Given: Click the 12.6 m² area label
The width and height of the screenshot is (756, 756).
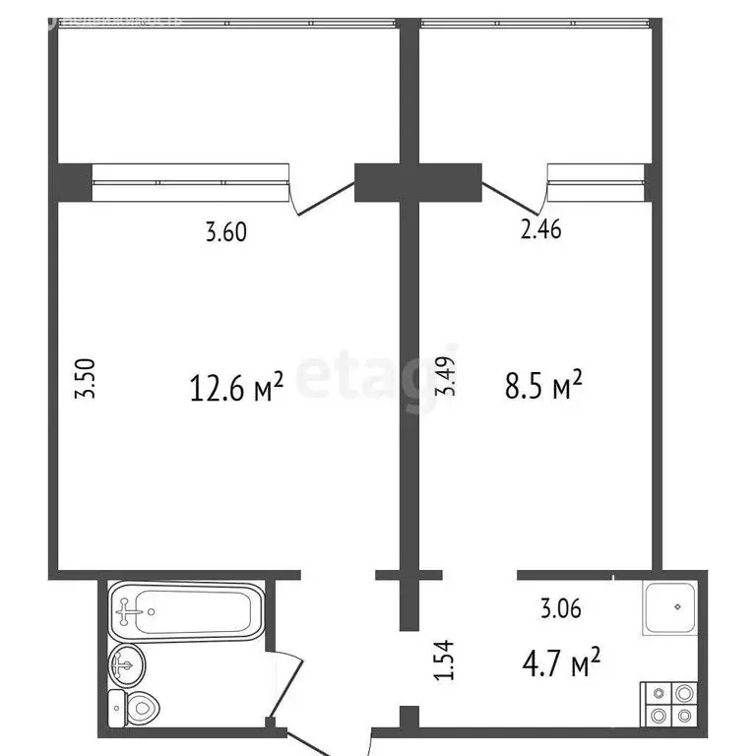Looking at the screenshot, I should (235, 387).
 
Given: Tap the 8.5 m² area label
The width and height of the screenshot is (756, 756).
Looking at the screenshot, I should (542, 386).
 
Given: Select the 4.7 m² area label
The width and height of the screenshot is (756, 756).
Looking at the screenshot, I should (560, 666).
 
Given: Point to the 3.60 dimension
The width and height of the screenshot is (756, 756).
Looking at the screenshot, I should (224, 233).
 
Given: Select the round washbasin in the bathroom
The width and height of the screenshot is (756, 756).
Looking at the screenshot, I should (127, 666).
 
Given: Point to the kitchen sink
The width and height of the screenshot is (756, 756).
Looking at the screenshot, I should (671, 606).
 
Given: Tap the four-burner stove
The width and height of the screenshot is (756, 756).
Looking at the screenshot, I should (671, 706).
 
